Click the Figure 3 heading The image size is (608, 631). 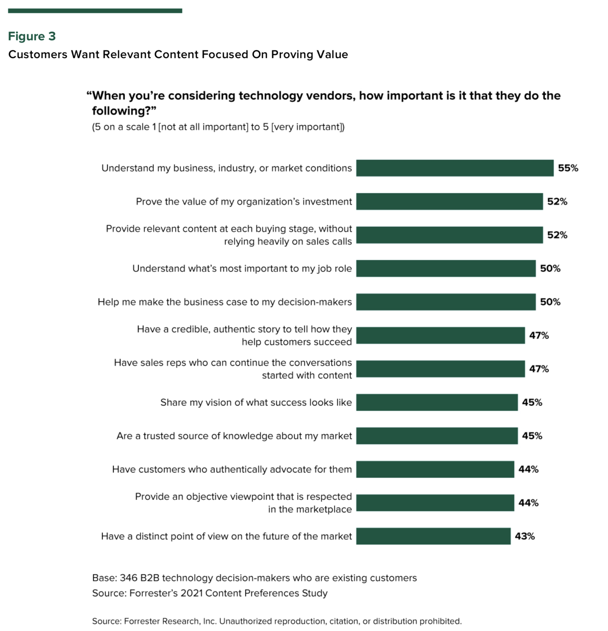point(32,36)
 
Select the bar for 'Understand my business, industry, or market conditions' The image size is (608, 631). point(454,168)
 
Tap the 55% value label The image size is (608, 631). point(568,168)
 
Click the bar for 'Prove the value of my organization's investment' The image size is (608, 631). point(449,201)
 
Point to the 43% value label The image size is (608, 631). point(524,536)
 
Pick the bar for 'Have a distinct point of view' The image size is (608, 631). point(433,536)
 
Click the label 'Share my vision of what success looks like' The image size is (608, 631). point(256,402)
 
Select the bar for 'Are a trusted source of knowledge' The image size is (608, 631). point(437,436)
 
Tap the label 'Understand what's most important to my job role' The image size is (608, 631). point(242,268)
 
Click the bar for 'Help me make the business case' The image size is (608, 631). point(446,302)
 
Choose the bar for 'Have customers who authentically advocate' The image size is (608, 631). point(435,469)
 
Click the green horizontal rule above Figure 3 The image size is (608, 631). point(95,11)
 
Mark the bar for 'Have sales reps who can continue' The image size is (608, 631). point(440,369)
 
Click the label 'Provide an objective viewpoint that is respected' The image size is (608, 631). point(243,497)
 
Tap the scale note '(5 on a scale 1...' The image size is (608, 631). point(218,127)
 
